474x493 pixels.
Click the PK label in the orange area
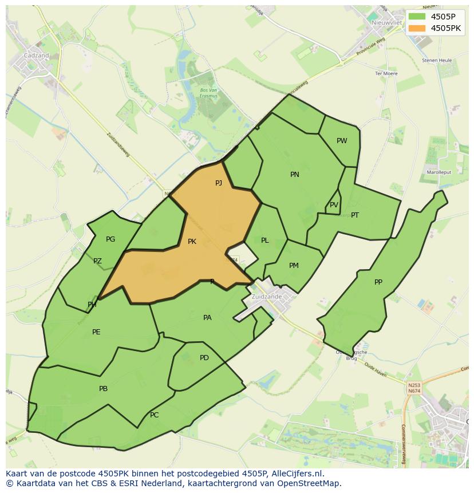click(192, 242)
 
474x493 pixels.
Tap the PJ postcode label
click(219, 183)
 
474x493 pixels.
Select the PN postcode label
click(295, 175)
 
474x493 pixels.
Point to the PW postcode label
click(342, 141)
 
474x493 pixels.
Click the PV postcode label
click(334, 205)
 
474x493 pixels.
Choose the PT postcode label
click(355, 215)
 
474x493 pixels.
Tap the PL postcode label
click(264, 240)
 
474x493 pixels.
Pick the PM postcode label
click(294, 265)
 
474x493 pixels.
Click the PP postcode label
click(378, 282)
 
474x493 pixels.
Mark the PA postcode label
click(207, 317)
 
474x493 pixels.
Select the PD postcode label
click(204, 358)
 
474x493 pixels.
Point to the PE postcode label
click(96, 332)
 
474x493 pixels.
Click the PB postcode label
click(103, 389)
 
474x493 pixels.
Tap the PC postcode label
click(154, 415)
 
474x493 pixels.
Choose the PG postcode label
click(110, 239)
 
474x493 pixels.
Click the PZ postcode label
click(97, 261)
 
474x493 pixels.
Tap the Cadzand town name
click(36, 56)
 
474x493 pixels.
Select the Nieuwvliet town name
click(384, 22)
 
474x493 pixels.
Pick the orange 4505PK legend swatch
click(417, 27)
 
